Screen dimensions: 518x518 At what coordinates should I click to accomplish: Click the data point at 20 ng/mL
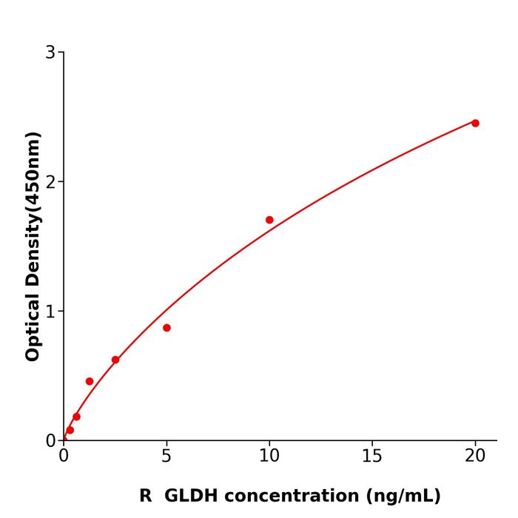click(x=475, y=123)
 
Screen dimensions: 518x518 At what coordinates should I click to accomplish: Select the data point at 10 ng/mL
click(x=269, y=220)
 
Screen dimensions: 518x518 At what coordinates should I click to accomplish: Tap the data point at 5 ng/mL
click(x=166, y=328)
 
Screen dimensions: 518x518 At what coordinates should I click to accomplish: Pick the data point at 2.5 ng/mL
click(x=115, y=360)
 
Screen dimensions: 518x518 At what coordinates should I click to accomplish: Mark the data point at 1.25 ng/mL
click(x=90, y=381)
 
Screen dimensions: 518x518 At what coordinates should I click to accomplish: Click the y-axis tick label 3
click(x=50, y=53)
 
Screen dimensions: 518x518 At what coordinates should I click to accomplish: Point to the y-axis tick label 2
click(x=50, y=181)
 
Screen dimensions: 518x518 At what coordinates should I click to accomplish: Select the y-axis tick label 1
click(x=50, y=311)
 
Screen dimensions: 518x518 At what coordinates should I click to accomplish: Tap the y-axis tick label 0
click(x=50, y=440)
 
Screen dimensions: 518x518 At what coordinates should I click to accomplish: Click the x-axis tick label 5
click(x=166, y=457)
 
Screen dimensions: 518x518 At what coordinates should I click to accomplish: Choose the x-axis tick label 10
click(x=269, y=457)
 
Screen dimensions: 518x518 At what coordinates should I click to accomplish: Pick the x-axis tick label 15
click(x=372, y=457)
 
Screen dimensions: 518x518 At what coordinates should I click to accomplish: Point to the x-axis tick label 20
click(x=475, y=457)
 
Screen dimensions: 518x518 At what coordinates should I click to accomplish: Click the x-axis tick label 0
click(x=64, y=457)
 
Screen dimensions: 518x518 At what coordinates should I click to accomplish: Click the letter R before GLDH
click(x=145, y=496)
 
